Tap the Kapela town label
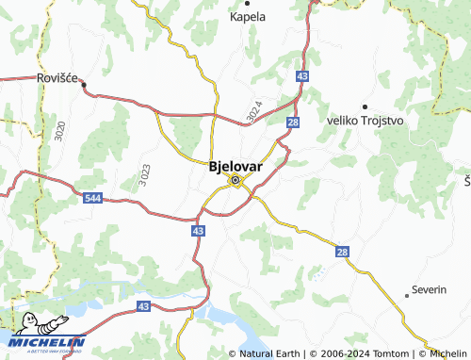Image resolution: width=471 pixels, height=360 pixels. [248, 17]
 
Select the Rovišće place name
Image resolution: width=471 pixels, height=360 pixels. [57, 77]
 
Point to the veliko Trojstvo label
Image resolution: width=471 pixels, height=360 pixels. [366, 121]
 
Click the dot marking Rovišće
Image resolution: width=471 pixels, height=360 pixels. [84, 85]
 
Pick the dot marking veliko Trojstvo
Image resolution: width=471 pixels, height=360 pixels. [365, 106]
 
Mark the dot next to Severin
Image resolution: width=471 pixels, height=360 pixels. [408, 293]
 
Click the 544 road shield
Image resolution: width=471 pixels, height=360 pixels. [92, 198]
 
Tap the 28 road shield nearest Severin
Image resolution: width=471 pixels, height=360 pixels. [342, 252]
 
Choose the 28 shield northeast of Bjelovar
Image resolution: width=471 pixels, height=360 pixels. [293, 123]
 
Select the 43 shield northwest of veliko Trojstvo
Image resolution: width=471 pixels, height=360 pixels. [301, 74]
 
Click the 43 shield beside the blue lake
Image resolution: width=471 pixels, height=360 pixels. [143, 306]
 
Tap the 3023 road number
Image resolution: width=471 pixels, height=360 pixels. [143, 174]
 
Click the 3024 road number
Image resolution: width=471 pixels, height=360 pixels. [254, 110]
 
